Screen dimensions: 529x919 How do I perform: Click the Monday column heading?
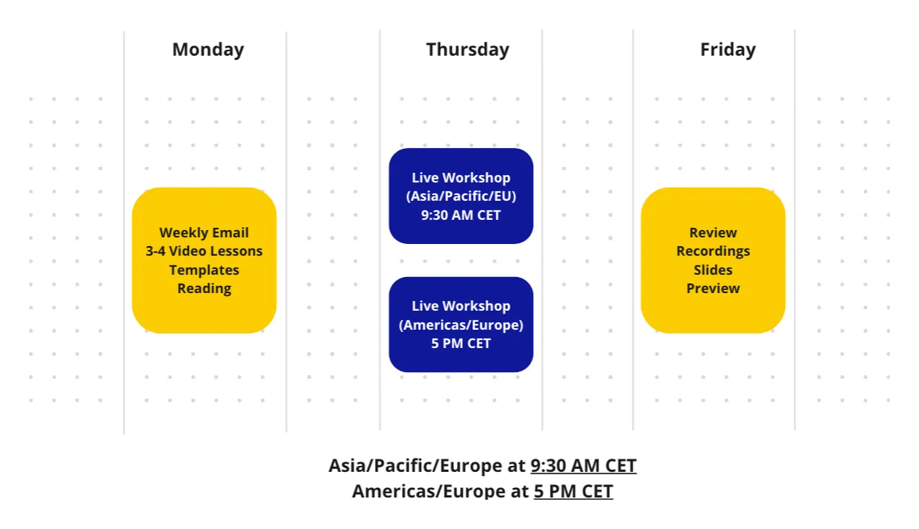coord(208,50)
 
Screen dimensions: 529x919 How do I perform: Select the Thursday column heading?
coord(467,50)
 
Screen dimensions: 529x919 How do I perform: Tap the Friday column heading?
coord(727,50)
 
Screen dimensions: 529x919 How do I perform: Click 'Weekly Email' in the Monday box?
coord(204,233)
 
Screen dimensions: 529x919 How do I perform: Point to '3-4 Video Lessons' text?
coord(204,251)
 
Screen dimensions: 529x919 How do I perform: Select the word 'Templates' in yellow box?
coord(204,270)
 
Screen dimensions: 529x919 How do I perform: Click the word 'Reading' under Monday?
coord(204,289)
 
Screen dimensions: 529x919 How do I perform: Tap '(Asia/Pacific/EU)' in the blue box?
coord(461,196)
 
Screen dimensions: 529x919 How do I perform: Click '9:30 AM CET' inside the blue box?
coord(461,215)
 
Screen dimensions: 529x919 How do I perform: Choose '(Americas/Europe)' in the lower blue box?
coord(461,325)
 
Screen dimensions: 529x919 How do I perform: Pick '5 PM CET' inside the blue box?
coord(461,344)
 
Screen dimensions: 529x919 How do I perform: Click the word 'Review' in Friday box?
coord(712,233)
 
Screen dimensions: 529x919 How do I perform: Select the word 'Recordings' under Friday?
coord(712,251)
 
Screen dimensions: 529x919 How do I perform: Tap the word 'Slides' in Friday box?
coord(712,270)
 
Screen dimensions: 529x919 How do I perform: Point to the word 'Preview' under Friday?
coord(712,289)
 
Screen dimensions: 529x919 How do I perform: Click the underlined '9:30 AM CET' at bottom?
coord(583,466)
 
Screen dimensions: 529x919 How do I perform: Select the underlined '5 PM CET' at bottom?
coord(573,492)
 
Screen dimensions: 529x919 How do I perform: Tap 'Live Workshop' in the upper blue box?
coord(461,178)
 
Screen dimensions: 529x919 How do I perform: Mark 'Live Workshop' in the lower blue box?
coord(461,306)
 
